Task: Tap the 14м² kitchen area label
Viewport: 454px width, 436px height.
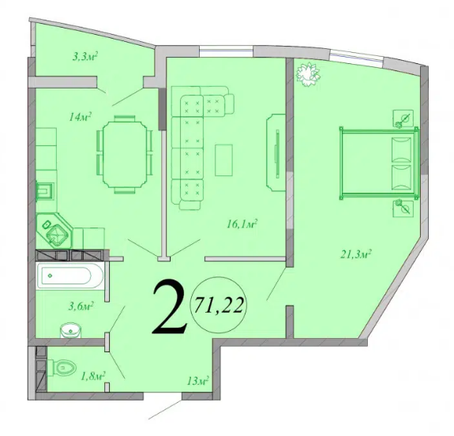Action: pyautogui.click(x=81, y=118)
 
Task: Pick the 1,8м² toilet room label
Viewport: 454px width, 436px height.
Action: pyautogui.click(x=94, y=376)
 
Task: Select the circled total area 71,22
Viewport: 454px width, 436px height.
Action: pyautogui.click(x=219, y=304)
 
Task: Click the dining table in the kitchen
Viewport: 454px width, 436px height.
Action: pyautogui.click(x=122, y=153)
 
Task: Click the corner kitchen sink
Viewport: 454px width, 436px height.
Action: pyautogui.click(x=57, y=232)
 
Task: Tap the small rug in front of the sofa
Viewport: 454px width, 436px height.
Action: pyautogui.click(x=225, y=160)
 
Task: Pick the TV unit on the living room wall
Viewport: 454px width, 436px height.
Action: pyautogui.click(x=276, y=152)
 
